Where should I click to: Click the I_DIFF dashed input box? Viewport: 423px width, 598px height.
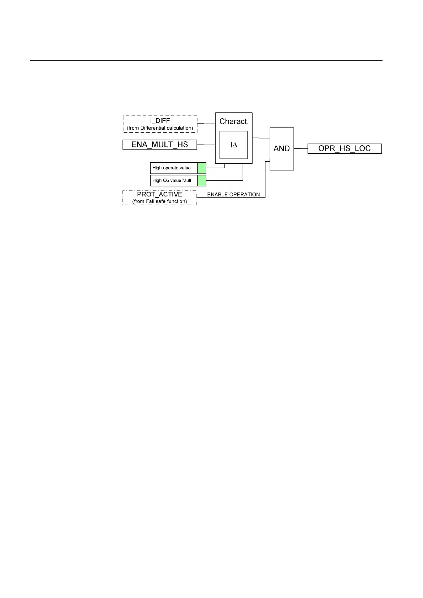[160, 124]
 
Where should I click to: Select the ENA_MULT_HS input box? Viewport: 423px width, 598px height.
[159, 145]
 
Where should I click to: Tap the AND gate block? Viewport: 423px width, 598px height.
[282, 149]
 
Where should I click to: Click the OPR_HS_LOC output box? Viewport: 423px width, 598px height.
[344, 148]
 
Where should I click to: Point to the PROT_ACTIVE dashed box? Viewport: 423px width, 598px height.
[159, 197]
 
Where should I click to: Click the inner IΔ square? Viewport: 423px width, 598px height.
[233, 145]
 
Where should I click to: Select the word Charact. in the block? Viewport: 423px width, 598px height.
[234, 121]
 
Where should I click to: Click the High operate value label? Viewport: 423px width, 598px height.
[172, 168]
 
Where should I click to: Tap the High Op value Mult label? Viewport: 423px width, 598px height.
[172, 180]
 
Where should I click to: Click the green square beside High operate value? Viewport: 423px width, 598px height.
[202, 168]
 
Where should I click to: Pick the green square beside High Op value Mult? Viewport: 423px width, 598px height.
[202, 180]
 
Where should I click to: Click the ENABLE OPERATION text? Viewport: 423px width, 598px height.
[233, 195]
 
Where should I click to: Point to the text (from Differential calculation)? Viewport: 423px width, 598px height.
[160, 128]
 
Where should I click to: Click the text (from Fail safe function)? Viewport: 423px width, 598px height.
[159, 201]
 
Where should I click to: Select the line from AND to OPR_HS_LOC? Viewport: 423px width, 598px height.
[300, 148]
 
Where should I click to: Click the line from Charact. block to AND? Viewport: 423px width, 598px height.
[261, 138]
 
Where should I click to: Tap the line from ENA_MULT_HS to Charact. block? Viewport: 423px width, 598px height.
[206, 145]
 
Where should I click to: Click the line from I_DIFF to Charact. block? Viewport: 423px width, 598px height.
[206, 124]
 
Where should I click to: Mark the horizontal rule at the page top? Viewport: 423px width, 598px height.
[206, 61]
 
